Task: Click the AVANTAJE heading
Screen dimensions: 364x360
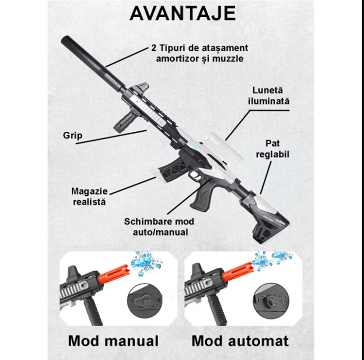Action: [182, 13]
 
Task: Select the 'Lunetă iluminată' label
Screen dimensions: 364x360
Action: [268, 96]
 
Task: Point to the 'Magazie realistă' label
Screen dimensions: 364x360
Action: [89, 196]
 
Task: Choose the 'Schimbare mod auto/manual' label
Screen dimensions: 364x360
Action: [159, 227]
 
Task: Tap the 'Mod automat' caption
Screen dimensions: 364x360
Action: [240, 341]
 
